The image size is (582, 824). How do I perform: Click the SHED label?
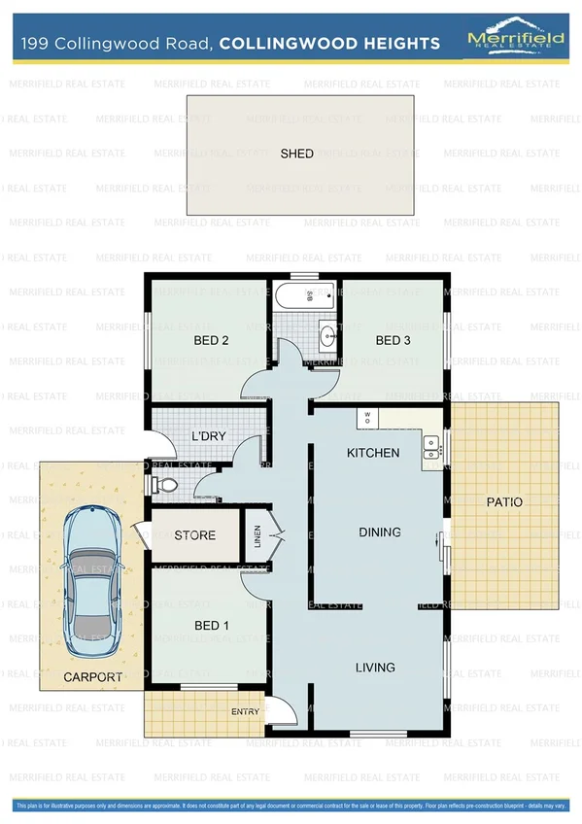(x=297, y=154)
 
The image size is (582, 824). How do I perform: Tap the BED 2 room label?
(x=211, y=340)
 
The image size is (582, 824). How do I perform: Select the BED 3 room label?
(x=394, y=340)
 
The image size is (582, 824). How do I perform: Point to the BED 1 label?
(x=211, y=625)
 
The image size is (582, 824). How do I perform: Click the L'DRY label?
(x=209, y=436)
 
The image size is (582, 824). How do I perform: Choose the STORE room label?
(x=194, y=535)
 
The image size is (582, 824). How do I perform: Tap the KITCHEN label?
(x=373, y=453)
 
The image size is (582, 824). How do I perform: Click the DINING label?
(x=380, y=532)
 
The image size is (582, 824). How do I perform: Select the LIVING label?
(x=375, y=668)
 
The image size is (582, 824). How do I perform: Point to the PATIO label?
(x=504, y=502)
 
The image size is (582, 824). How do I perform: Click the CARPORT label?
(x=93, y=677)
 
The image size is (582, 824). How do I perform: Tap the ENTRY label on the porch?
(x=245, y=712)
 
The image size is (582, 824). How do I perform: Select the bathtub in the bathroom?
(x=304, y=294)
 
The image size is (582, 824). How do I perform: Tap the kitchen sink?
(x=430, y=447)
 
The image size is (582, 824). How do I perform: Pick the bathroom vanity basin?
(x=327, y=337)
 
